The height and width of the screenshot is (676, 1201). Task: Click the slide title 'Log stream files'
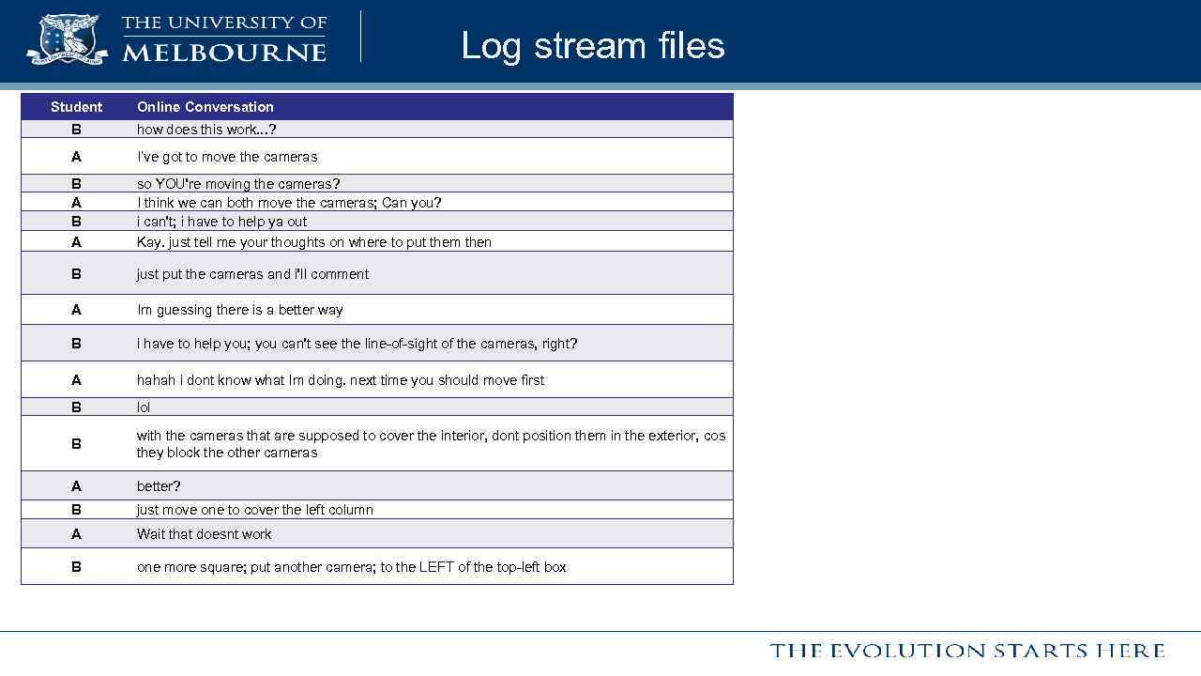click(592, 46)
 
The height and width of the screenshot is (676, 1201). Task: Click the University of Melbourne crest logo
click(68, 38)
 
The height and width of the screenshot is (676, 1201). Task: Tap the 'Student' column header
click(76, 107)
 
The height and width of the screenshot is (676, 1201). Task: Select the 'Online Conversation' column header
click(205, 107)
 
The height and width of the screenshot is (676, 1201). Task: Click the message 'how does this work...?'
click(206, 130)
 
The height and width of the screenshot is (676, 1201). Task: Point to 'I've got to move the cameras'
click(227, 157)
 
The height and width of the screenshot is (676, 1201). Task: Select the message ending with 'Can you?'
click(289, 203)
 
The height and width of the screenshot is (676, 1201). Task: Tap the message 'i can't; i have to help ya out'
click(221, 222)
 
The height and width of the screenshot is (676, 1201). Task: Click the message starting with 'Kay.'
click(314, 242)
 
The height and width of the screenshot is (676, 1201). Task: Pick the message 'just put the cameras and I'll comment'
click(252, 274)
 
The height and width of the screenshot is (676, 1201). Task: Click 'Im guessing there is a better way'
click(240, 310)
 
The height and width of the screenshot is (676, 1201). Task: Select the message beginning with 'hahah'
click(341, 380)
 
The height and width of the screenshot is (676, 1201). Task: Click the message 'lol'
click(144, 407)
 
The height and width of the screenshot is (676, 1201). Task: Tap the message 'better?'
click(159, 486)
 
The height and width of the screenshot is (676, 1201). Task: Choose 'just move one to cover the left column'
click(255, 510)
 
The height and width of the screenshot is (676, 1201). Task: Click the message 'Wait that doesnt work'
click(205, 534)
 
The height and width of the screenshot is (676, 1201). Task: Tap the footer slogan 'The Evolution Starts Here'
click(967, 651)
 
